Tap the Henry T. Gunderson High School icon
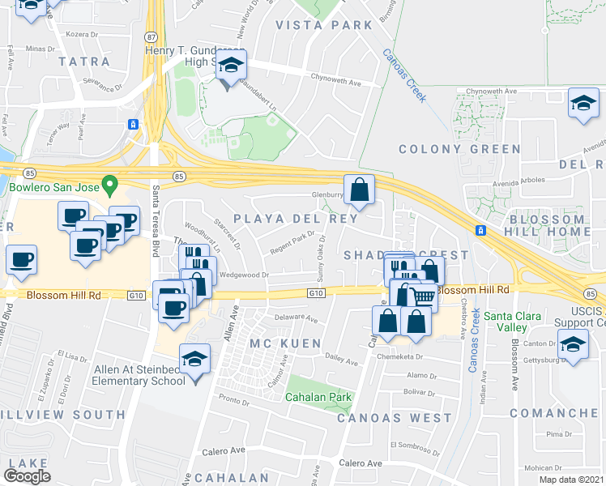click(232, 68)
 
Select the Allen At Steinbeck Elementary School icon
click(194, 359)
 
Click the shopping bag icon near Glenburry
click(359, 190)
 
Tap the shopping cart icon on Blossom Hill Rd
click(421, 296)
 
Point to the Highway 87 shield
click(151, 36)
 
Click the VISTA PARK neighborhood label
click(324, 25)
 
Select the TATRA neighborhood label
click(83, 62)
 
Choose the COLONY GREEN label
click(459, 149)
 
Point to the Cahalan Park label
click(318, 398)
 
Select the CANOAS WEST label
click(394, 418)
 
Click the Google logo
click(28, 475)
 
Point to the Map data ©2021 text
click(561, 480)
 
